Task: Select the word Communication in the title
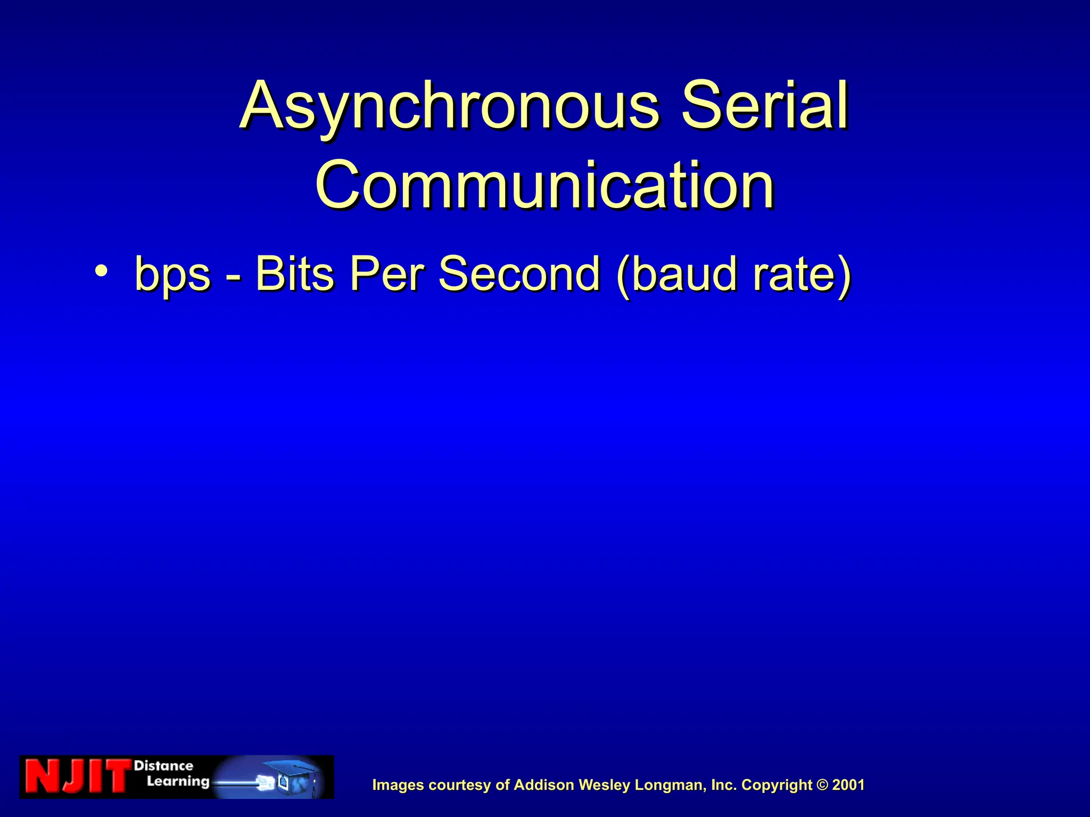coord(544,185)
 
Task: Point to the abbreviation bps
coord(172,276)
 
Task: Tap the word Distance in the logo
coord(163,766)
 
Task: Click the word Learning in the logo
coord(178,782)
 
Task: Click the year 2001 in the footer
coord(848,785)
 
